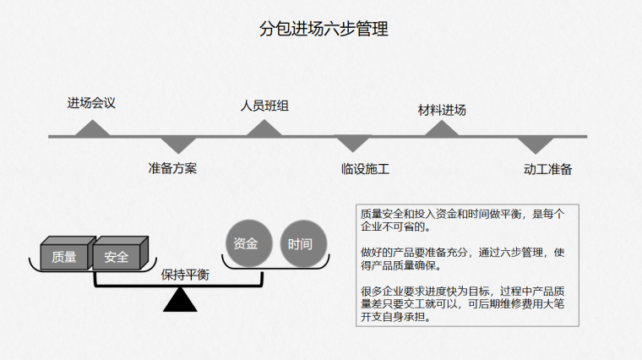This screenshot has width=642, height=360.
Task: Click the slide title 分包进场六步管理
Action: coord(324,29)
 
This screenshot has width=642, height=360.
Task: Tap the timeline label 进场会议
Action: coord(91,103)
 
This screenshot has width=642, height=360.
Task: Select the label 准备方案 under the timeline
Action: coord(172,168)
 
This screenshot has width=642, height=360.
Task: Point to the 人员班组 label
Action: coord(264,106)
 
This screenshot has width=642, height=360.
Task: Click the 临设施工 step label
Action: coord(365,169)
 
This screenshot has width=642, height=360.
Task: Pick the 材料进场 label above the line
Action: coord(442,110)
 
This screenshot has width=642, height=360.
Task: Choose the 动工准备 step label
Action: coord(547,169)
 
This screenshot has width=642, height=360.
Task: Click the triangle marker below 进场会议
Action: coord(93,128)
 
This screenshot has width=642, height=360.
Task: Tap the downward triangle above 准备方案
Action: coord(178,145)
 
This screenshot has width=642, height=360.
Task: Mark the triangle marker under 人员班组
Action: coord(264,128)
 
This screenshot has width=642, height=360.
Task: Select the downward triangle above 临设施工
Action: coord(353,144)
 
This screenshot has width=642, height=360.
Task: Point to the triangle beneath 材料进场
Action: coord(441,129)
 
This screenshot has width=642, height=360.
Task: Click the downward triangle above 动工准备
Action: coord(536,145)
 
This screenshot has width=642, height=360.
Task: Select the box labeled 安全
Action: coord(120,254)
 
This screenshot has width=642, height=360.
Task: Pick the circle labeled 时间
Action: coord(303,244)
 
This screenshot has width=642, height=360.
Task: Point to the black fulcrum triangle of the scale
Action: coord(180,300)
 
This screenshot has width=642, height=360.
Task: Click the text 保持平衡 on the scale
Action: coord(185,275)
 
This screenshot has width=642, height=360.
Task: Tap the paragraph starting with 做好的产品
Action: coord(463,259)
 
